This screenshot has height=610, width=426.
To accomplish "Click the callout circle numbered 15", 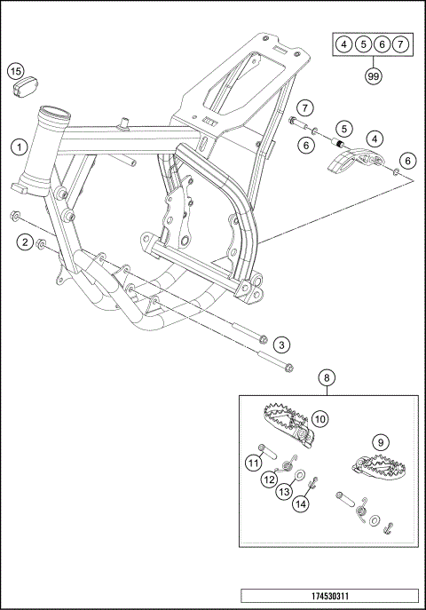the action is pyautogui.click(x=16, y=72).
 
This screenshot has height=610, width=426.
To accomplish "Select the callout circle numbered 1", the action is pyautogui.click(x=19, y=147).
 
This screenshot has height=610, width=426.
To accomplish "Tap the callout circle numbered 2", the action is pyautogui.click(x=25, y=242).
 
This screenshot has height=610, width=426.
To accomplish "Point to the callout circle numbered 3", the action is pyautogui.click(x=281, y=345).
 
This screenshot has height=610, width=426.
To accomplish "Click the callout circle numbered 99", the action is pyautogui.click(x=373, y=75).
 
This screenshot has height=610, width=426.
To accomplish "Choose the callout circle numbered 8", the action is pyautogui.click(x=327, y=377).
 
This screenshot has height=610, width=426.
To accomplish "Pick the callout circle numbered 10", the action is pyautogui.click(x=319, y=419).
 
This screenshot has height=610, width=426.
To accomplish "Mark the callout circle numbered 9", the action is pyautogui.click(x=381, y=442).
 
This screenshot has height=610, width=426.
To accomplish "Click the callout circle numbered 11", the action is pyautogui.click(x=254, y=463).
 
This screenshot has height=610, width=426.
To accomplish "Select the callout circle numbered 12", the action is pyautogui.click(x=269, y=479).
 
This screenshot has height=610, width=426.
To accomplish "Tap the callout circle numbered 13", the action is pyautogui.click(x=285, y=492).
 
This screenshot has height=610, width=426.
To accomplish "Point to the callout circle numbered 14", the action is pyautogui.click(x=301, y=504).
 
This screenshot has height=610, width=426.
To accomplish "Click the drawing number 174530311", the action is pyautogui.click(x=329, y=596).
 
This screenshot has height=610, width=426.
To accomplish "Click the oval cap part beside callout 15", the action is pyautogui.click(x=25, y=88).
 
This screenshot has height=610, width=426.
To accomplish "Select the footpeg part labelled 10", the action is pyautogui.click(x=288, y=424).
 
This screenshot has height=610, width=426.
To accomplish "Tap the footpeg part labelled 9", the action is pyautogui.click(x=379, y=465).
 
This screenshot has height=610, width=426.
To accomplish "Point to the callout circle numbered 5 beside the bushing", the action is pyautogui.click(x=344, y=129).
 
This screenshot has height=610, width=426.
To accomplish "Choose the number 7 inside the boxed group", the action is pyautogui.click(x=400, y=44).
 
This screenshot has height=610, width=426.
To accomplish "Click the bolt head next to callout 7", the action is pyautogui.click(x=293, y=121).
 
